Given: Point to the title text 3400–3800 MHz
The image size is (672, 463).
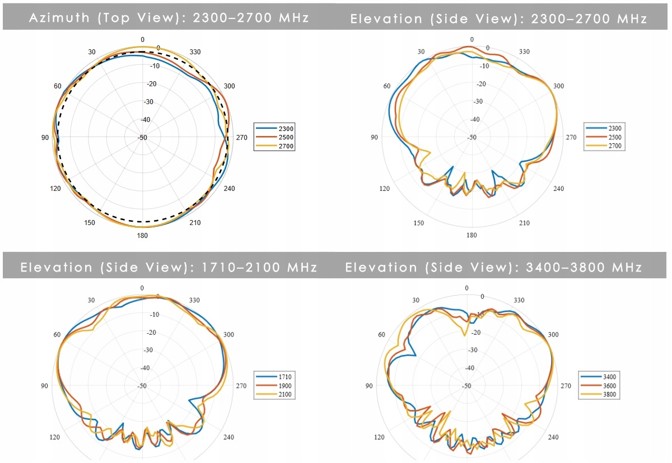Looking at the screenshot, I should pos(584,267).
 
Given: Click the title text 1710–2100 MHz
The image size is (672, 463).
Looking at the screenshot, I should pos(259,267).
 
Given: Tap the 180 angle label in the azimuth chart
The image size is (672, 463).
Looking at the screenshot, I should pos(142,235).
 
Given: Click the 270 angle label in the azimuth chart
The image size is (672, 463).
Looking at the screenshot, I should pos(241,137).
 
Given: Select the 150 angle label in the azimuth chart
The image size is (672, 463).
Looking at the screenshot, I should pos(90,223).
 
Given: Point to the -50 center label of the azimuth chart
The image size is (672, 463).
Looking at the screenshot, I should pos(142,138).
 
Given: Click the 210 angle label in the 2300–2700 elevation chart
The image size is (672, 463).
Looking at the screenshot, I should pos(524,223).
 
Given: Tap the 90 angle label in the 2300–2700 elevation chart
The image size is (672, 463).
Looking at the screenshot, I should pos(374,137).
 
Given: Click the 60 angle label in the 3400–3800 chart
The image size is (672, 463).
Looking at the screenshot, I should pos(381,334).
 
